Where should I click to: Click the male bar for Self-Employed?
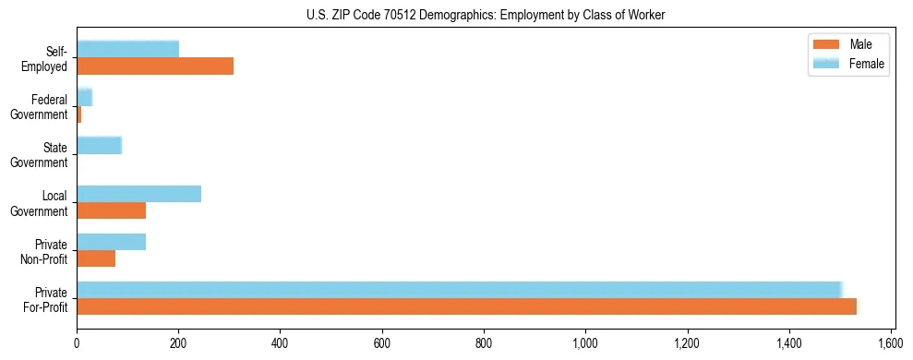click(155, 66)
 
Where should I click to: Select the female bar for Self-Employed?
click(127, 49)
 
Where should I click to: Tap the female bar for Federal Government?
click(84, 97)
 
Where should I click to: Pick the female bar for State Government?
click(99, 145)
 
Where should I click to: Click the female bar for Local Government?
click(138, 194)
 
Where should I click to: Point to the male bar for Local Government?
click(111, 210)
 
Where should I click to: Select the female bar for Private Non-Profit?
click(111, 242)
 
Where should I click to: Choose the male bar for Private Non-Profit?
click(96, 258)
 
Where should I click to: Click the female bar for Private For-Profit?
click(459, 290)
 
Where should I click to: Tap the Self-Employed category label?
click(50, 58)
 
